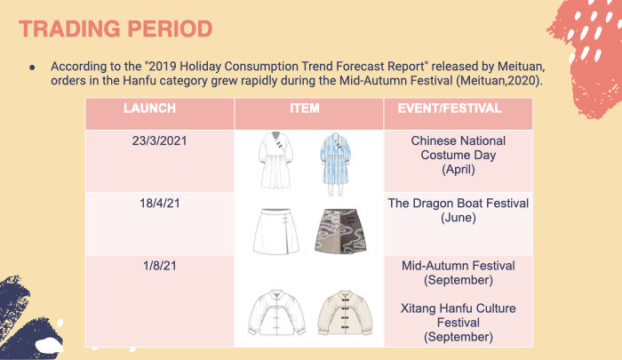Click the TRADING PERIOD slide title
click(x=116, y=29)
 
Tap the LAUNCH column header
click(x=149, y=108)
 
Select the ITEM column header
click(x=304, y=108)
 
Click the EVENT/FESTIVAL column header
click(x=450, y=108)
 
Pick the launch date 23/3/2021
click(x=159, y=141)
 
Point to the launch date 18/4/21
click(x=159, y=204)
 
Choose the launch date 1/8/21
click(x=159, y=266)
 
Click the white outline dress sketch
click(x=276, y=160)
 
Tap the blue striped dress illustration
click(x=336, y=164)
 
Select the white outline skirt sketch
click(x=275, y=231)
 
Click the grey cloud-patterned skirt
click(x=340, y=231)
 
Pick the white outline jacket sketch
click(x=276, y=313)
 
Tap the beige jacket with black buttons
click(x=345, y=313)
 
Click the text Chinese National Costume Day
click(x=459, y=148)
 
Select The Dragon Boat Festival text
click(x=459, y=204)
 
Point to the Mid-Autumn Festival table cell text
click(x=459, y=266)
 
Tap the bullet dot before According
click(x=32, y=68)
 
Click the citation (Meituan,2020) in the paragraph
click(x=498, y=81)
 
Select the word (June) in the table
click(x=459, y=218)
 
